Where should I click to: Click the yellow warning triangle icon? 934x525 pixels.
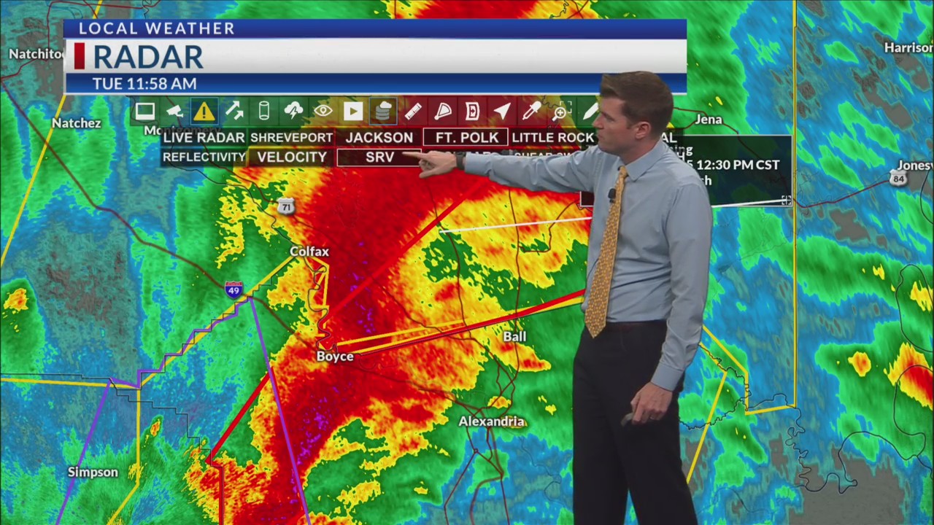coord(204,112)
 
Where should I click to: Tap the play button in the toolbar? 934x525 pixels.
coord(353,112)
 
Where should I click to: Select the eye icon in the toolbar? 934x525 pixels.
coord(323,112)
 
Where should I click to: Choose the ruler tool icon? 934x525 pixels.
coord(413,112)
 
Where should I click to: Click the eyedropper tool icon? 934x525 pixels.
coord(531,112)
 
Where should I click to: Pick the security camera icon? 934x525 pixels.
coord(174,112)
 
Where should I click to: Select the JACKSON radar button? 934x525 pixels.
coord(379,137)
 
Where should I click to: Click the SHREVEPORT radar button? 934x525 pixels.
coord(291,137)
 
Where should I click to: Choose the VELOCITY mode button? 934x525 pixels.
coord(291,157)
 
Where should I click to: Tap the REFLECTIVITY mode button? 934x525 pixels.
coord(204,157)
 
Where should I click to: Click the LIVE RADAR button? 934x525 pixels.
coord(204,137)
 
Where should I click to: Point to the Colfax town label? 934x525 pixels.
coord(309,252)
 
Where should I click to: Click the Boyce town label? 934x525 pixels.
coord(335,357)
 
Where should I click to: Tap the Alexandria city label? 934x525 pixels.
coord(492,421)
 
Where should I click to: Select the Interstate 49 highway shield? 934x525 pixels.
coord(233,289)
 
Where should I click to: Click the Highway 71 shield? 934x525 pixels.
coord(285,207)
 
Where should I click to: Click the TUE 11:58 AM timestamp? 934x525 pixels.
coord(144,84)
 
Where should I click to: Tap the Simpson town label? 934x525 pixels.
coord(93,472)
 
